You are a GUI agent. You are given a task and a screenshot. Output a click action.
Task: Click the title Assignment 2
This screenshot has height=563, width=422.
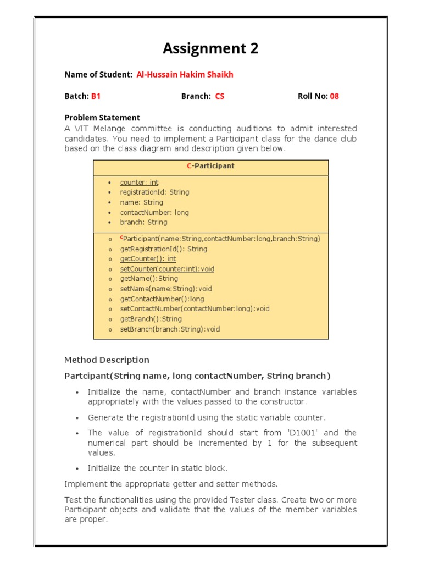(x=210, y=49)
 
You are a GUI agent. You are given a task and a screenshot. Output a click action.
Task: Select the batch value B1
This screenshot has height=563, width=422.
(x=96, y=96)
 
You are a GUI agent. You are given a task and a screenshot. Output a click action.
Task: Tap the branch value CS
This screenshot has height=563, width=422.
(x=220, y=96)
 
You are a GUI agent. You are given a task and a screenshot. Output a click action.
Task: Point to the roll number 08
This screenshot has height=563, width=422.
(x=334, y=96)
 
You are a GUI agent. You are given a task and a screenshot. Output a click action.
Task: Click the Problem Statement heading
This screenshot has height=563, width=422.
(x=102, y=118)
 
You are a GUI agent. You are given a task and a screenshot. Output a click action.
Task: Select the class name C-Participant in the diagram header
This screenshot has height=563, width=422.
(x=210, y=165)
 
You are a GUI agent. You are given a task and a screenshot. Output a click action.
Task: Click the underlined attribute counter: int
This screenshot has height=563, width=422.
(x=139, y=183)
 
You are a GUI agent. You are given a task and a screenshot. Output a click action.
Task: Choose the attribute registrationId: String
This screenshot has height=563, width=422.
(x=154, y=192)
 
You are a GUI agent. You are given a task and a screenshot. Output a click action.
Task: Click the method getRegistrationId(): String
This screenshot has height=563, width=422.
(x=164, y=249)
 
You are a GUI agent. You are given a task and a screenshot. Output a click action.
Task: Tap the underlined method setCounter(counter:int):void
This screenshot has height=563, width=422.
(x=167, y=269)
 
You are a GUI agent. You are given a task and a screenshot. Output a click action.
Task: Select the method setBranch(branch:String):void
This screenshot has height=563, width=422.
(x=170, y=329)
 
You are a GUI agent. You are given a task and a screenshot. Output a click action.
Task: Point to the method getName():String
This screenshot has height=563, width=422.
(x=149, y=279)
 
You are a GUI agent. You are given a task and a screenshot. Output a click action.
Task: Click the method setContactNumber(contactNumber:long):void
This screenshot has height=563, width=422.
(x=195, y=309)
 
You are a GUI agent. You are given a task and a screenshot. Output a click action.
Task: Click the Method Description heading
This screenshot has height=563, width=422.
(x=107, y=360)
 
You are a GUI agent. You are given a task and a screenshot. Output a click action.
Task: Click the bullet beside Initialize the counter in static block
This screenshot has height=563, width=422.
(x=77, y=469)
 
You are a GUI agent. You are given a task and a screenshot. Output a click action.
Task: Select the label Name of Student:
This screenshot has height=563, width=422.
(x=98, y=75)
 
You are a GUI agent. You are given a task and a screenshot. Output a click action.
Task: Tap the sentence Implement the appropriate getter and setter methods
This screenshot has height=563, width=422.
(x=171, y=484)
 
